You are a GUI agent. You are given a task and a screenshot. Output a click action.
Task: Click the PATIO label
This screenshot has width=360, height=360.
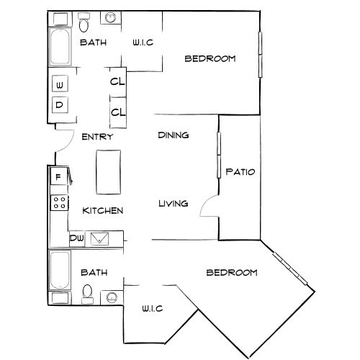pyautogui.click(x=240, y=172)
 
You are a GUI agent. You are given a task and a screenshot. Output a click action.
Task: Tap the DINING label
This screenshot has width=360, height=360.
pyautogui.click(x=173, y=135)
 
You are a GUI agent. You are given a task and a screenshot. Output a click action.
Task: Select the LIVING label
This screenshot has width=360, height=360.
pyautogui.click(x=173, y=204)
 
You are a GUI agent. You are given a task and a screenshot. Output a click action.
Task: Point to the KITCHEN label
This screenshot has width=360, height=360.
pyautogui.click(x=103, y=211)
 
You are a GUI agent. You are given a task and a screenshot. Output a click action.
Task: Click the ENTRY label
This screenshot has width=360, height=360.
pyautogui.click(x=96, y=137)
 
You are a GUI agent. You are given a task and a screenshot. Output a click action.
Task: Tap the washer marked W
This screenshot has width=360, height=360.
pyautogui.click(x=60, y=86)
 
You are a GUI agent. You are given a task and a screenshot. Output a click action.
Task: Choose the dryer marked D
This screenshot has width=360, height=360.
pyautogui.click(x=60, y=104)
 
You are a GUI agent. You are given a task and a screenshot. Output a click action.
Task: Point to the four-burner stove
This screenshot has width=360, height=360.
pyautogui.click(x=58, y=203)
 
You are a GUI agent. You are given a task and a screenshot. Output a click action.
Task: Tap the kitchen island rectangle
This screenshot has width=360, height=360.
pyautogui.click(x=109, y=171)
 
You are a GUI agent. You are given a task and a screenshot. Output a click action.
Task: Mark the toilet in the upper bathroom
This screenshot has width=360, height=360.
pyautogui.click(x=85, y=26)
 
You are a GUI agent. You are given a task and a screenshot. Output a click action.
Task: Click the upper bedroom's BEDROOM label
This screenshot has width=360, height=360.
pyautogui.click(x=210, y=59)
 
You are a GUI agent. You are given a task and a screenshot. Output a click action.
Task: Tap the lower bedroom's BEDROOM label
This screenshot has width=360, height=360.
pyautogui.click(x=232, y=272)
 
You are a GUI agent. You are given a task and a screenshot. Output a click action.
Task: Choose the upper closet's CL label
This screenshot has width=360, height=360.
pyautogui.click(x=117, y=81)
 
